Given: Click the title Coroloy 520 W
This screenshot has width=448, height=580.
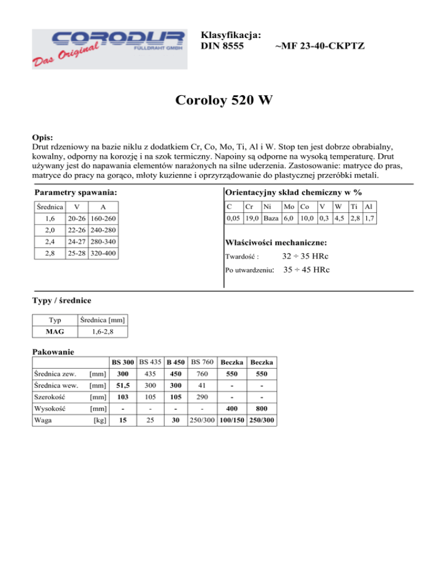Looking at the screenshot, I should click(x=223, y=101).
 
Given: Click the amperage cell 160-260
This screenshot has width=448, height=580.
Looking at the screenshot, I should click(x=101, y=218).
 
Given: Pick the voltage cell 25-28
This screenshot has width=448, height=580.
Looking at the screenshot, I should click(x=76, y=254).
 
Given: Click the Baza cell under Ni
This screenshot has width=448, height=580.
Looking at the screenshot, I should click(x=270, y=218).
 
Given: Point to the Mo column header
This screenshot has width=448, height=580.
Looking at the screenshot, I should click(x=289, y=207).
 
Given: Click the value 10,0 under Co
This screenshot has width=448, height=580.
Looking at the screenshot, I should click(x=307, y=218).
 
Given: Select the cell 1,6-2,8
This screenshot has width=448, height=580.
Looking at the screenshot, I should click(x=101, y=332).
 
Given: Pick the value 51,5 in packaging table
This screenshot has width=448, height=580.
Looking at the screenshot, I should click(x=121, y=388).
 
